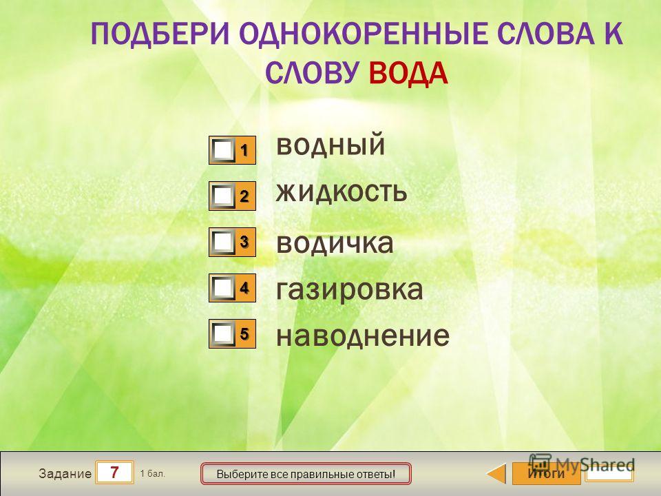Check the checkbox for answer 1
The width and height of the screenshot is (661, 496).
pos(223,149)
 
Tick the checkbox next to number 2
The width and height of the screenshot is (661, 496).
pos(223,196)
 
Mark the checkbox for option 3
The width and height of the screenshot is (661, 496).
pos(223,242)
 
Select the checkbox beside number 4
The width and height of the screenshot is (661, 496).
pos(223,288)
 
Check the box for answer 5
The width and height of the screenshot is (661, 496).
pos(223,333)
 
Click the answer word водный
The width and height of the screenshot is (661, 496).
pos(330,145)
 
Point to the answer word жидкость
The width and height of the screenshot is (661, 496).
pos(342,192)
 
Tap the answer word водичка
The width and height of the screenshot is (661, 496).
pos(335,242)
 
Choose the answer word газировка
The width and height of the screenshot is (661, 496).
pos(350,290)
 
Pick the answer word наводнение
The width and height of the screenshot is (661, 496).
pos(363,335)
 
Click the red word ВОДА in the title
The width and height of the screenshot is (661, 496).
pos(408,74)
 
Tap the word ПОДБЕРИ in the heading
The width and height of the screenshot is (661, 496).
pos(160,34)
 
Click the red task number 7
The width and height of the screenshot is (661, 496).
pos(114,473)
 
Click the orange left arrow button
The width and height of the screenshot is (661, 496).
pos(496,473)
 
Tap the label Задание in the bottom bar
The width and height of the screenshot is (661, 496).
pos(65,474)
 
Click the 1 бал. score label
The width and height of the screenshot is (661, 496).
pos(153,474)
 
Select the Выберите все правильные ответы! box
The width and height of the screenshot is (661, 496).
pos(306,474)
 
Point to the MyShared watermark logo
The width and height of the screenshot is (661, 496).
pos(582,464)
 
